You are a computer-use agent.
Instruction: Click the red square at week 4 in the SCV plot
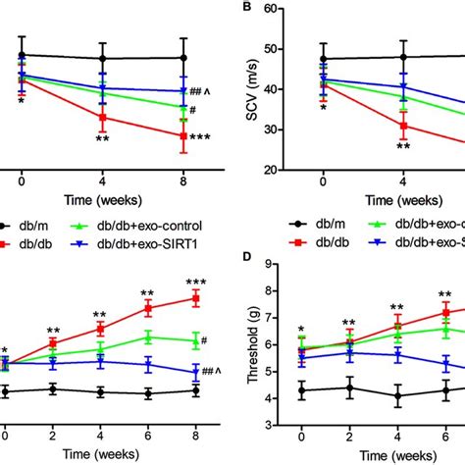pos(402,126)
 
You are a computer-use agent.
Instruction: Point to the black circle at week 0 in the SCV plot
pos(323,58)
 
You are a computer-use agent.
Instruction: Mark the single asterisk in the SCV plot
pos(323,107)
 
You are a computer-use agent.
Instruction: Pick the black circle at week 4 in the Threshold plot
pos(397,397)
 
